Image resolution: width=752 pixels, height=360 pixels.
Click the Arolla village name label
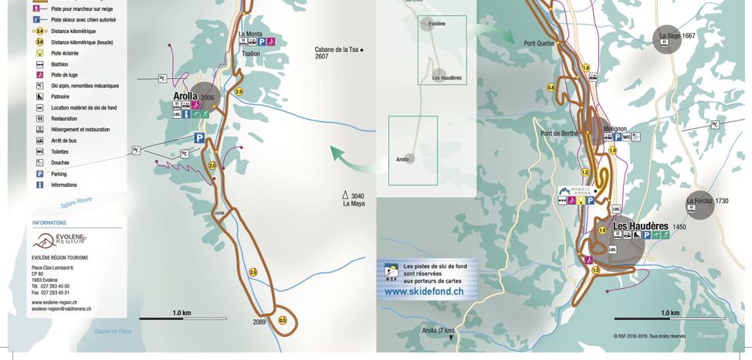(x=186, y=97)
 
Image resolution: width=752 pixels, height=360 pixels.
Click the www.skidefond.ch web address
(x=424, y=292)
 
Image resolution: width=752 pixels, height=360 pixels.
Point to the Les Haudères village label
(x=640, y=226)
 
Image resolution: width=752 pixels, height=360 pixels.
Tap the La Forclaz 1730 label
(x=707, y=201)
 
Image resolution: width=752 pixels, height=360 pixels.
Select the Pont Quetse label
(x=539, y=43)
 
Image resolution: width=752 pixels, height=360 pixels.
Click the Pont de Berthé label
(x=560, y=134)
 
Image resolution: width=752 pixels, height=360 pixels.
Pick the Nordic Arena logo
(x=574, y=190)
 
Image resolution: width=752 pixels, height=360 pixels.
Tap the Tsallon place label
(x=251, y=54)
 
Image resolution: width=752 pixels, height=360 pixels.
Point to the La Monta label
(x=250, y=34)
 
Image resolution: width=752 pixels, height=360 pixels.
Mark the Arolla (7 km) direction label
(x=438, y=331)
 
